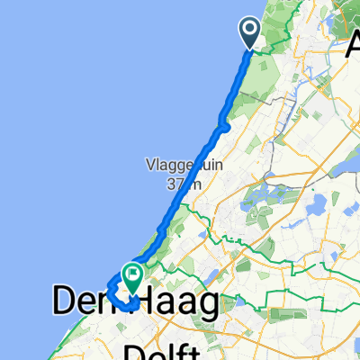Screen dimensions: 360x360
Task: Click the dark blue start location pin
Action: tap(248, 31)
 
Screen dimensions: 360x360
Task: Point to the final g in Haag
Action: tap(207, 304)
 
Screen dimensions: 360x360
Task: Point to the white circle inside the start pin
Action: tap(248, 29)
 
